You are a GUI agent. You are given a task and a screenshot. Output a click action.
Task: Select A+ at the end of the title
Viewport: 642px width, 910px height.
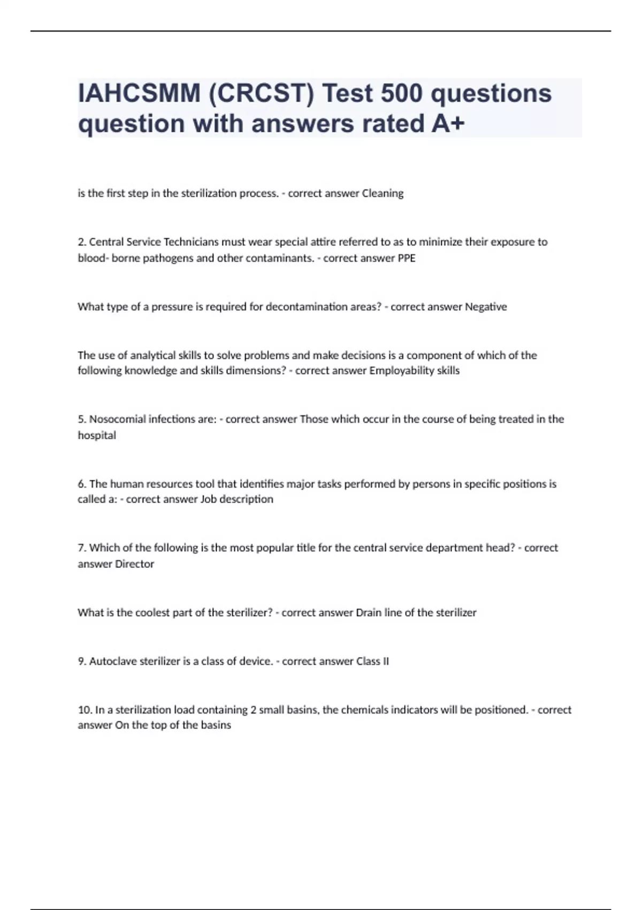click(448, 124)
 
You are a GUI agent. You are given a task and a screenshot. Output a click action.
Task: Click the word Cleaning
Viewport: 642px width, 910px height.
click(383, 193)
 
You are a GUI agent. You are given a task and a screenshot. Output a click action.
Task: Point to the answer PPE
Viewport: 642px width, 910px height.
click(407, 258)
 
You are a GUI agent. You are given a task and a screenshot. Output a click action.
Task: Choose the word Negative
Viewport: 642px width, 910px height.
click(486, 307)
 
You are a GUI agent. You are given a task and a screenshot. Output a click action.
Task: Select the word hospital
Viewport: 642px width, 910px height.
click(97, 435)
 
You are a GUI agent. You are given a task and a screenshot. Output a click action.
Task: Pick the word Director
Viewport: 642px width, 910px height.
click(135, 564)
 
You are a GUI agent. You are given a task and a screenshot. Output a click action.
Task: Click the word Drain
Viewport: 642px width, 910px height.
click(369, 612)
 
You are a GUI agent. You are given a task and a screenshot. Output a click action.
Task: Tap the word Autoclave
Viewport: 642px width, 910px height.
click(113, 661)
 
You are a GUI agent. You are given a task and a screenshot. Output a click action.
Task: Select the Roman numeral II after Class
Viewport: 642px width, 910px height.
click(385, 661)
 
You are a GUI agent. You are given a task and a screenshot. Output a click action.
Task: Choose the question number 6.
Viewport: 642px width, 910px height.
click(81, 484)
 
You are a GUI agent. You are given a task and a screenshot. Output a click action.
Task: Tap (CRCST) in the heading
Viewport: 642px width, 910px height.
click(262, 93)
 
